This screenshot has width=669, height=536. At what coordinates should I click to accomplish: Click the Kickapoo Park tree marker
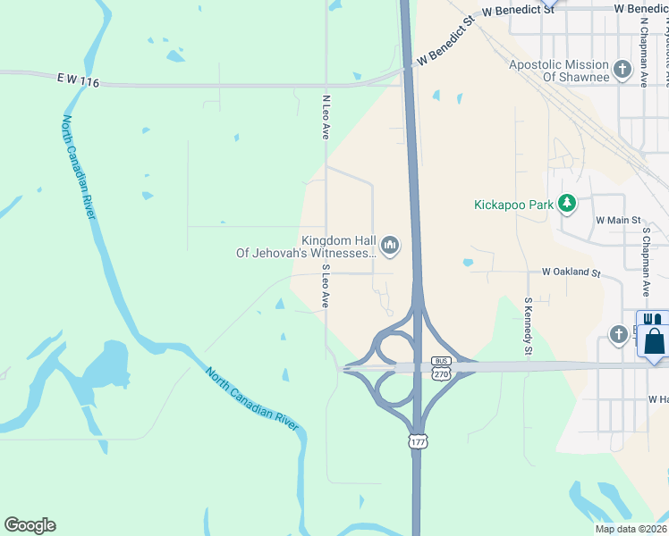(566, 205)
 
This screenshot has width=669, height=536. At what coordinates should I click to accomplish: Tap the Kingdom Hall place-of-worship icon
(390, 244)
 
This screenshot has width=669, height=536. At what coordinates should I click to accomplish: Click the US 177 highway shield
(418, 442)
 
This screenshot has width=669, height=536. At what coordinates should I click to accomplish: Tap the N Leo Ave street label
(326, 116)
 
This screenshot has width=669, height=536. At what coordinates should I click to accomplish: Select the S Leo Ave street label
(326, 286)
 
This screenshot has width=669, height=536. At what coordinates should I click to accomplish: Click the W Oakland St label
(570, 272)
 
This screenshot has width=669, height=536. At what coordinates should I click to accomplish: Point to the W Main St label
(619, 220)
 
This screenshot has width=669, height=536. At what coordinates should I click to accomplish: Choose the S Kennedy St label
(529, 325)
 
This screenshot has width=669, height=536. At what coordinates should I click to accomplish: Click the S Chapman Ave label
(644, 261)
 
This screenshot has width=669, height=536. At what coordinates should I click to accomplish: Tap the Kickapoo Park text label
(513, 205)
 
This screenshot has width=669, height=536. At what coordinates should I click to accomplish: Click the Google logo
(30, 525)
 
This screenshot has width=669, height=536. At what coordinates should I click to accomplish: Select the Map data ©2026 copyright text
(631, 529)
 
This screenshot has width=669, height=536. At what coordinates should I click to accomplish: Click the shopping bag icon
(655, 340)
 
